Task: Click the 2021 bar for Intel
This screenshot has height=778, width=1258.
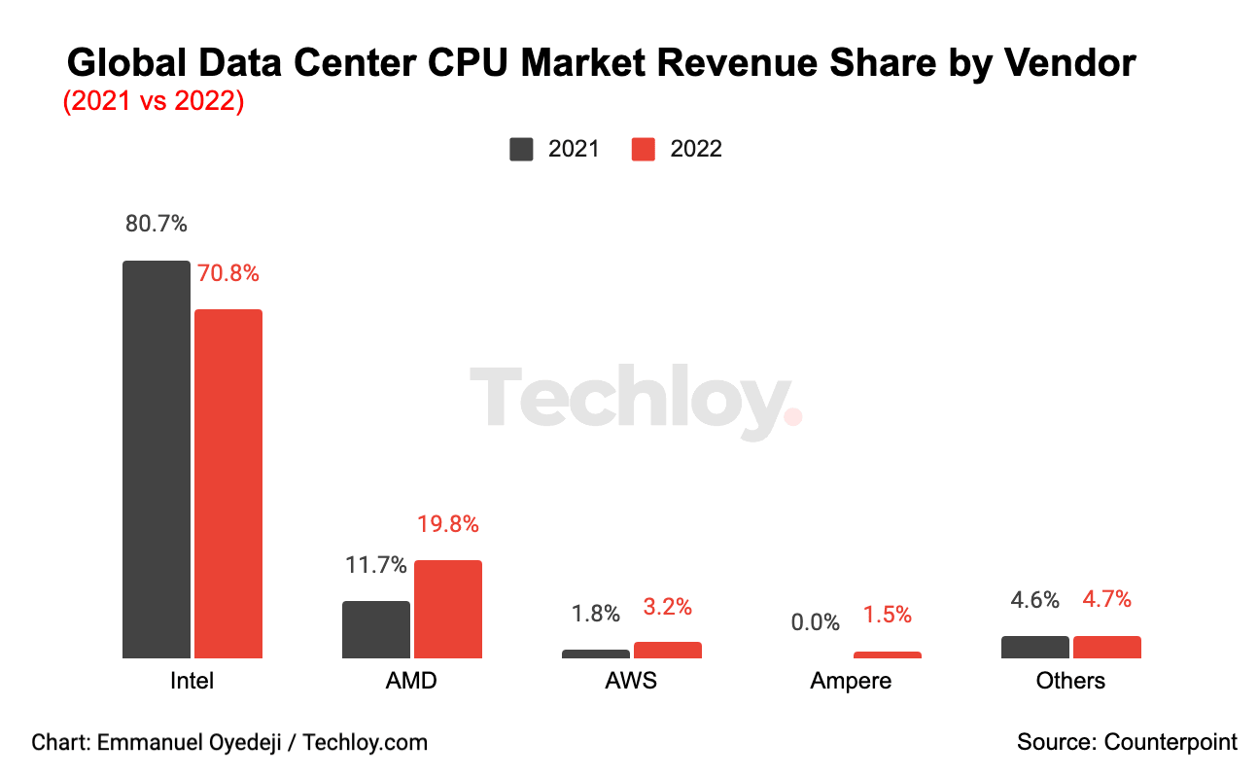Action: tap(157, 459)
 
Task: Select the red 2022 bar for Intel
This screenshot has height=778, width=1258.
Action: tap(228, 483)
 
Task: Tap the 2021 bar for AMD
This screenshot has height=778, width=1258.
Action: tap(376, 629)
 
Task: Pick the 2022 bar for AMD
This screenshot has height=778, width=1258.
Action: tap(448, 609)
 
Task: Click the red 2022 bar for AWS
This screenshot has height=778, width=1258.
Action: tap(668, 650)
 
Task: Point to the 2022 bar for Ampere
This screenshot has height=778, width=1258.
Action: tap(888, 654)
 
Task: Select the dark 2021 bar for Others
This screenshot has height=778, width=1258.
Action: tap(1035, 647)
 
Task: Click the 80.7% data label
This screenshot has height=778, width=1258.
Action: tap(156, 224)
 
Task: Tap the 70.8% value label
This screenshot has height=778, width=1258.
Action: tap(228, 273)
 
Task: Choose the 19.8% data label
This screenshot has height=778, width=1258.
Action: tap(448, 524)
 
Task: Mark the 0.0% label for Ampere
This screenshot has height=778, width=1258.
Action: tap(815, 622)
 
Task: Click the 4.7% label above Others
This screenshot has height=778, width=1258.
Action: tap(1107, 599)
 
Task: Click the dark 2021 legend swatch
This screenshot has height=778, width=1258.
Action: tap(521, 149)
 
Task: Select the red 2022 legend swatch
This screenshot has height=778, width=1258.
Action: tap(644, 149)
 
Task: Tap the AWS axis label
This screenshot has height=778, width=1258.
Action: tap(631, 680)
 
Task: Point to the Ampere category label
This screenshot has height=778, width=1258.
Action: tap(851, 680)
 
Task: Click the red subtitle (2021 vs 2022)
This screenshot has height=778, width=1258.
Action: tap(153, 101)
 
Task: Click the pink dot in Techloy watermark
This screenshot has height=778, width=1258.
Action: tap(792, 416)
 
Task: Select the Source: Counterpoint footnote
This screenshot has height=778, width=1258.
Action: tap(1127, 742)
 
